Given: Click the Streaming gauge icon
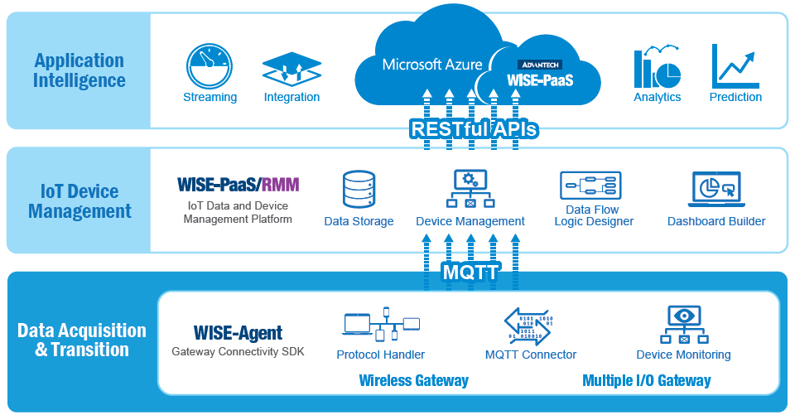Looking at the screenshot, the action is (x=209, y=66).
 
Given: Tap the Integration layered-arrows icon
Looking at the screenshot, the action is (x=291, y=70).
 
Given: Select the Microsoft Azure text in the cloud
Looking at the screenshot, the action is (x=432, y=65).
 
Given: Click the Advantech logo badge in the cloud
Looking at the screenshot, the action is (x=540, y=65).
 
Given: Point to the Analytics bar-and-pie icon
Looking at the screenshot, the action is (x=657, y=66).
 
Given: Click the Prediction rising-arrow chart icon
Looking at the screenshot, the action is (x=735, y=66).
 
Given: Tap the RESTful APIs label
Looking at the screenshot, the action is (x=474, y=129).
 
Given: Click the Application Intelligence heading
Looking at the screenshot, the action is (x=79, y=70).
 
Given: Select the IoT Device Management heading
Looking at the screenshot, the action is (x=79, y=201).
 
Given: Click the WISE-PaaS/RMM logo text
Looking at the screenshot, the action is (x=238, y=184).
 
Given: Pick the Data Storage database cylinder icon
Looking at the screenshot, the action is (x=359, y=189).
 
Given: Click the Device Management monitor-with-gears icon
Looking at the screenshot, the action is (x=470, y=189).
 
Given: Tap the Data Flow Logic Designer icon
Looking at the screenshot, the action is (x=590, y=186).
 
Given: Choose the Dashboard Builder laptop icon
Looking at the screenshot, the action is (x=716, y=189).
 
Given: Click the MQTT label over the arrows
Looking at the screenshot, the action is (x=471, y=273).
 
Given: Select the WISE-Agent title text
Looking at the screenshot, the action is (x=238, y=333).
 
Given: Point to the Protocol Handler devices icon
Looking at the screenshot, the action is (x=381, y=324).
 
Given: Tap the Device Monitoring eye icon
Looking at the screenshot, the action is (x=684, y=324).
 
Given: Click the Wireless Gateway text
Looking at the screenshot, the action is (x=414, y=380).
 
